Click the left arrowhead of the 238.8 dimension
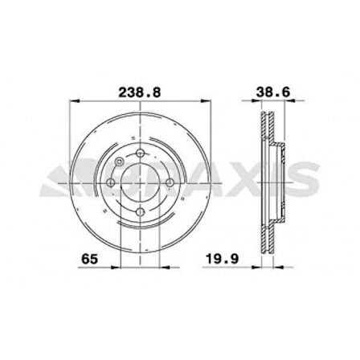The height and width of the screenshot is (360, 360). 75,103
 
